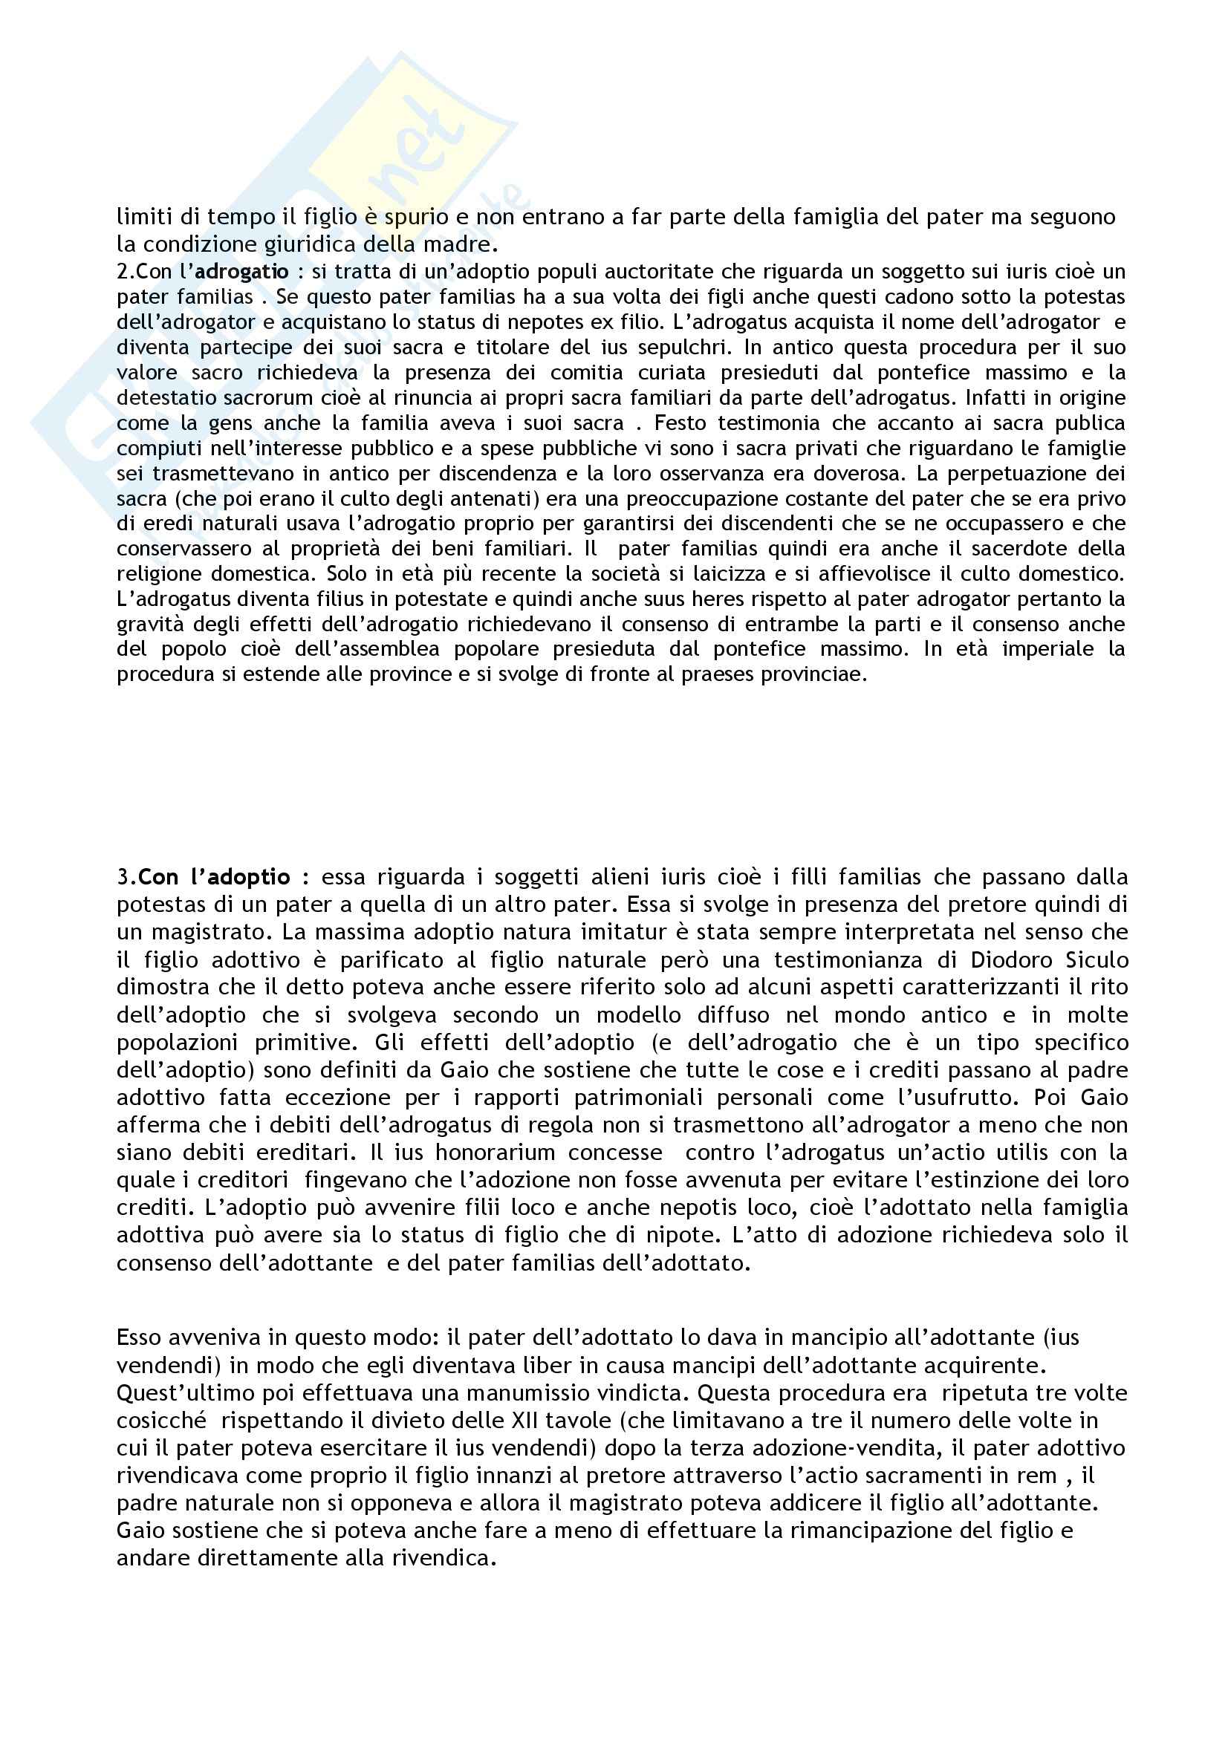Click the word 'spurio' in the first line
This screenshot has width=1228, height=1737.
coord(397,217)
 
